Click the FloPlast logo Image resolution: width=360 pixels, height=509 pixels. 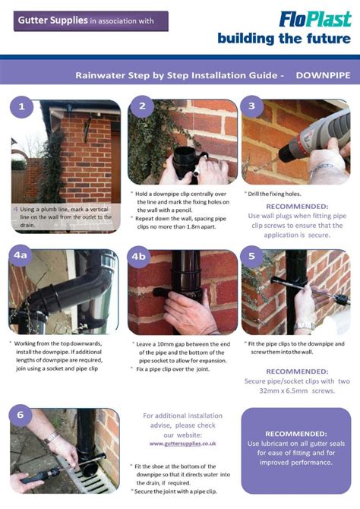coord(314,18)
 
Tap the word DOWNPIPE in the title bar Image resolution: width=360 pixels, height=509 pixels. coord(324,76)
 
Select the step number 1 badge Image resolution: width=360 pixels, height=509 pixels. coord(21,107)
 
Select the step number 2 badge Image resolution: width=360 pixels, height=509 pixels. coord(141,107)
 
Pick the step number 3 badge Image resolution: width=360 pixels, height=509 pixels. coord(252,107)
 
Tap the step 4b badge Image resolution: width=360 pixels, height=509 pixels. coord(139,257)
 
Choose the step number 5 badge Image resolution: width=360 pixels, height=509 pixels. coord(252,257)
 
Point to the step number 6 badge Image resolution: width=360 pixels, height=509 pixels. coord(21,416)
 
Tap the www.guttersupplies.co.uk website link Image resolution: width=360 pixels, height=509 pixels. coord(183,443)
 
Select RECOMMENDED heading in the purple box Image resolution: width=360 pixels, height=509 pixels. coord(295,433)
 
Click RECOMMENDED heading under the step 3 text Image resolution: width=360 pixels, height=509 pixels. coord(297,206)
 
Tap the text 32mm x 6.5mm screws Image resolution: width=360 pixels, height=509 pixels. coord(296,390)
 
